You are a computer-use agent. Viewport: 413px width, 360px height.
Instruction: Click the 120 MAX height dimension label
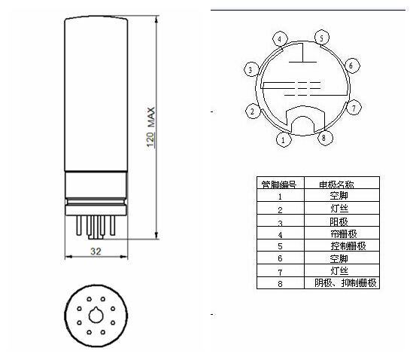click(x=151, y=127)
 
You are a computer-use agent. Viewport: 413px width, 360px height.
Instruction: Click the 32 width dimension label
click(x=96, y=251)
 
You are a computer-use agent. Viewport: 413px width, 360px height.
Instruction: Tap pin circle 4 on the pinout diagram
click(x=280, y=39)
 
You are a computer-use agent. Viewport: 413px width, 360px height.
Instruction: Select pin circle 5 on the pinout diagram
click(x=322, y=38)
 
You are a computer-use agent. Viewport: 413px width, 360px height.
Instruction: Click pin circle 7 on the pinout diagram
click(x=354, y=108)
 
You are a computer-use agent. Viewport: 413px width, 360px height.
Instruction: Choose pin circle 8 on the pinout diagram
click(x=324, y=137)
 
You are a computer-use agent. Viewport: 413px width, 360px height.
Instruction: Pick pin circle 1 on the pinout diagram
click(x=284, y=139)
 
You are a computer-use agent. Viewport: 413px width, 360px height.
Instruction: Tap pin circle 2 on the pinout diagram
click(x=253, y=111)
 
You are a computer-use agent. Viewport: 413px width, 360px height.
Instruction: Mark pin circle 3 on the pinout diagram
click(x=251, y=69)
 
